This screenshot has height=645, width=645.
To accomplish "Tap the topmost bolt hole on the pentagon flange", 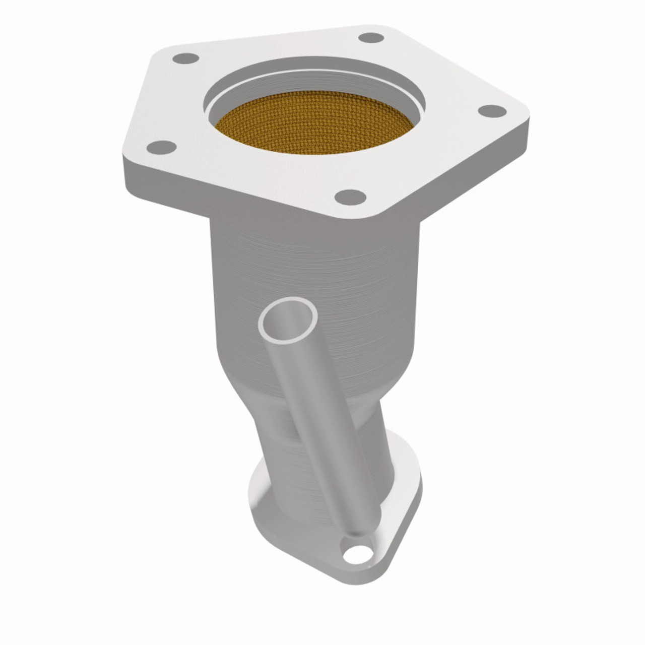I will (372, 38).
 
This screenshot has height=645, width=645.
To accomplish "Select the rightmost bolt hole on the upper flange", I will (491, 110).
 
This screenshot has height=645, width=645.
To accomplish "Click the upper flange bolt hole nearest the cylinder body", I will (350, 197).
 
